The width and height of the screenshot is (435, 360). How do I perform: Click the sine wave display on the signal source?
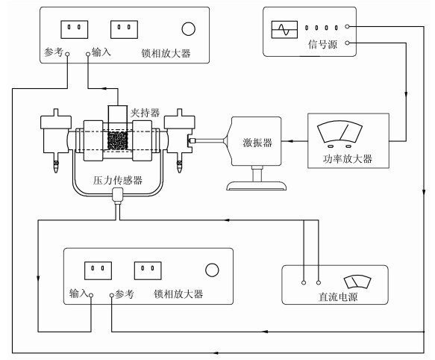[x=284, y=29]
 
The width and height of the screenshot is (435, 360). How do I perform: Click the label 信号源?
[x=322, y=45]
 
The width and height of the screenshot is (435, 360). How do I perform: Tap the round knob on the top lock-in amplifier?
[x=188, y=29]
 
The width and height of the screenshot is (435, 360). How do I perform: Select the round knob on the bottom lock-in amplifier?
[x=212, y=270]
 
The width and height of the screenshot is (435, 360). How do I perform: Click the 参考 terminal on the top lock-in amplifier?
[x=67, y=55]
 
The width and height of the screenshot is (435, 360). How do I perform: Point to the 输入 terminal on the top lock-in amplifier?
[x=88, y=55]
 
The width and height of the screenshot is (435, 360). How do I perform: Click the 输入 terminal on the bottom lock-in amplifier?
[x=91, y=295]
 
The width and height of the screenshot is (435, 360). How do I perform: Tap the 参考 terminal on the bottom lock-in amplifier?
[x=111, y=295]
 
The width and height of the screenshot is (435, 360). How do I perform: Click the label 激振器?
[x=257, y=143]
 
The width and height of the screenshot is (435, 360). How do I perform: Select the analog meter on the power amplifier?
[x=339, y=132]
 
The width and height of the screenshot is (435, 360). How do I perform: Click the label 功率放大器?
[x=348, y=159]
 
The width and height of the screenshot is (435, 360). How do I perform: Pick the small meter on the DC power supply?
[x=357, y=282]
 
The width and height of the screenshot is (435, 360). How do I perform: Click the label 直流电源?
[x=338, y=297]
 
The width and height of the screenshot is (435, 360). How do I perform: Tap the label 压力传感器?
[x=118, y=181]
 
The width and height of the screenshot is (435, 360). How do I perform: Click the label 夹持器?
[x=145, y=113]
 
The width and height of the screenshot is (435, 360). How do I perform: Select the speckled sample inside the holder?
[x=117, y=141]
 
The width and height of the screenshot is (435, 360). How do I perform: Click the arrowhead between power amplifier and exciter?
[x=290, y=141]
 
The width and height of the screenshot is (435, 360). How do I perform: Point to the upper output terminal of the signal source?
[x=347, y=27]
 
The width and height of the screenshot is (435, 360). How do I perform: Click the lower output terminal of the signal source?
[x=347, y=43]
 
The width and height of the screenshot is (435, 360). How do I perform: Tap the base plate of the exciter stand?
[x=257, y=186]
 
